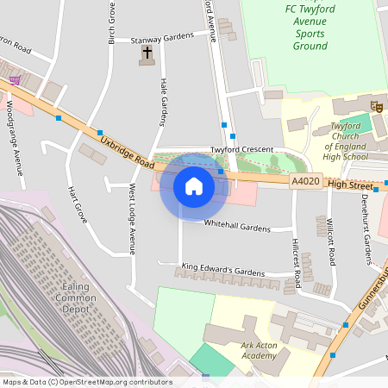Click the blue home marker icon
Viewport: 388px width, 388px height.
(194, 185)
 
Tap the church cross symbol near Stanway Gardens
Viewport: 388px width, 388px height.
(147, 53)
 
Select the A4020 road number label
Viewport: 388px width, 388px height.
(305, 182)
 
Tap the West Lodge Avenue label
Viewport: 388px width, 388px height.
(133, 218)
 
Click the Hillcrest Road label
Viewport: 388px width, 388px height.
(296, 262)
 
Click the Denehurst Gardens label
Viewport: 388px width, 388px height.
(366, 236)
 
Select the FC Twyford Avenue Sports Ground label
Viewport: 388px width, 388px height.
(306, 28)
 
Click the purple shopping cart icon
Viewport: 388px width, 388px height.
(15, 80)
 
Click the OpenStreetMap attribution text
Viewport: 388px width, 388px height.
(87, 382)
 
